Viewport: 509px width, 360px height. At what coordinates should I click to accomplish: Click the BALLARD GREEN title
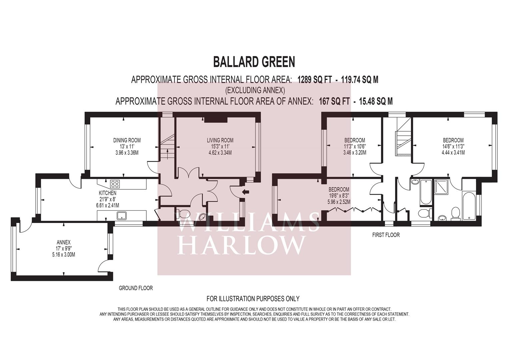point(254,62)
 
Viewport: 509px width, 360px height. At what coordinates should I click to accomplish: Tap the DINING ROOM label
point(127,140)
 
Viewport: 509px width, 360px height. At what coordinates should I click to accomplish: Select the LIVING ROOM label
point(220,140)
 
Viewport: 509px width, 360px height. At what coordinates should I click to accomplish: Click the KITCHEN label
point(107,193)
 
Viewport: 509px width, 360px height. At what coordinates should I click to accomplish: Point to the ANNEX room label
point(64,242)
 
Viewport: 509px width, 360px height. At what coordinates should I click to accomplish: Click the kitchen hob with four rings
point(115,184)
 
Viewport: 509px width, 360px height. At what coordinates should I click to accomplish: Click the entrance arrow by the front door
point(246,192)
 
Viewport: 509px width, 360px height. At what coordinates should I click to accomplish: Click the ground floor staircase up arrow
point(167,153)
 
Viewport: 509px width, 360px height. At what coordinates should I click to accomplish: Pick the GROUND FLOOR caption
point(136,288)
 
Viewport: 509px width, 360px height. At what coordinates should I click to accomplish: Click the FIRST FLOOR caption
point(386,235)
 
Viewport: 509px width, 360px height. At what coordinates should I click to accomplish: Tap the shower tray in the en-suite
point(442,187)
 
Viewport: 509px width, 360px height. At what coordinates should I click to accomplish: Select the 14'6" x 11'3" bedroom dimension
point(453,146)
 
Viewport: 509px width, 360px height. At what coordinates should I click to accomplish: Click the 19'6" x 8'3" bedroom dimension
point(339,195)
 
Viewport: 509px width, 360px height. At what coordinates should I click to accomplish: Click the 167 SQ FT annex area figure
point(334,101)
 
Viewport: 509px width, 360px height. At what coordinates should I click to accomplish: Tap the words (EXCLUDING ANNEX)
point(255,90)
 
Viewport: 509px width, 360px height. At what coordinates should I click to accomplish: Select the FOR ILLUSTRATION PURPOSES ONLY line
point(253,298)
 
